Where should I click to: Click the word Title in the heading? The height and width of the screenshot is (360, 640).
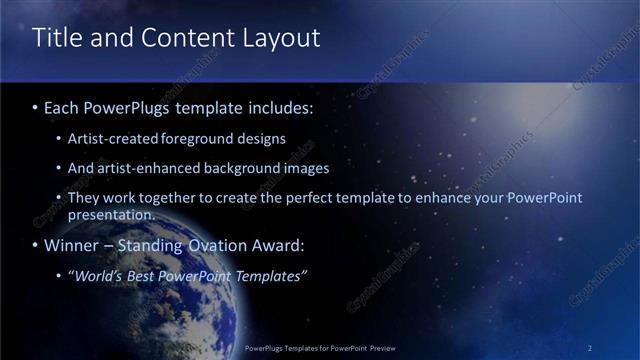click(x=57, y=39)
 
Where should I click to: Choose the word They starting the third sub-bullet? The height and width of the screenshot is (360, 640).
click(x=84, y=198)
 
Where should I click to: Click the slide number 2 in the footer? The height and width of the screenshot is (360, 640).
click(x=590, y=348)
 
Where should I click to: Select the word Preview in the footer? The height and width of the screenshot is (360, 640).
click(x=380, y=348)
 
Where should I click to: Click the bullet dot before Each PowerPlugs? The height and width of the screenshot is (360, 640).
click(x=36, y=106)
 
